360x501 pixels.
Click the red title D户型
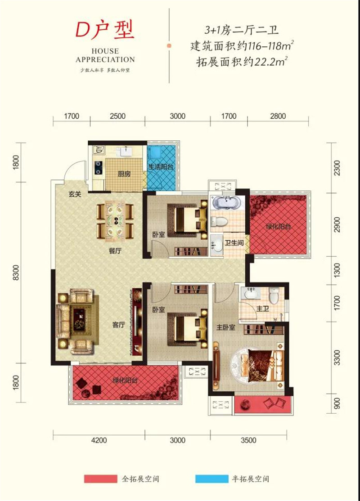pos(105,30)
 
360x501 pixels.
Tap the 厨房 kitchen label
pos(124,174)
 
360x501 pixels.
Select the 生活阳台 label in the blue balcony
pos(161,166)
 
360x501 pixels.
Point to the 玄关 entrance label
pos(75,194)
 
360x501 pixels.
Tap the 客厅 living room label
pos(118,325)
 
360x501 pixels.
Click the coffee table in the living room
pos(79,319)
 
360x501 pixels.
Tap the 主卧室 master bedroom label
pos(226,327)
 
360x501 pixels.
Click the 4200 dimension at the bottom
pos(99,441)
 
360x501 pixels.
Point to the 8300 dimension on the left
pos(16,273)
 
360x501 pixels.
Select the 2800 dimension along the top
pos(278,116)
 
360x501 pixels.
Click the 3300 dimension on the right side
pos(337,358)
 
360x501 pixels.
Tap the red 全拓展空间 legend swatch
pos(101,479)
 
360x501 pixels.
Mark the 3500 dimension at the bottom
pos(248,441)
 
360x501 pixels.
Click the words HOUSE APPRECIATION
pos(105,55)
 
